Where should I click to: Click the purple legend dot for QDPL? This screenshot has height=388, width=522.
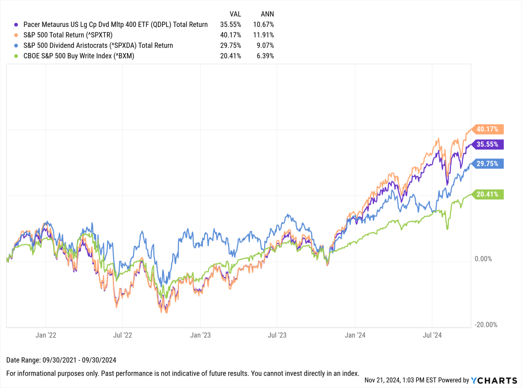pos(16,25)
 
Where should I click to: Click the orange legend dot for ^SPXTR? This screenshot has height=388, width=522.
pos(16,35)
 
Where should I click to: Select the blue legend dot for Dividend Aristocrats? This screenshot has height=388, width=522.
pos(16,46)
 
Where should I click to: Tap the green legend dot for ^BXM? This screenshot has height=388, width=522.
pos(16,56)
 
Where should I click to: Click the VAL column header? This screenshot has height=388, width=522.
pos(235,14)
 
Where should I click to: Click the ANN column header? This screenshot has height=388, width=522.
pos(267,14)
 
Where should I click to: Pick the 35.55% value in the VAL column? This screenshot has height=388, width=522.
pos(230,25)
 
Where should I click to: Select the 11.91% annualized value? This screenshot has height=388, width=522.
pos(263,35)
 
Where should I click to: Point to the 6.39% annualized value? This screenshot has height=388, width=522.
pos(265,56)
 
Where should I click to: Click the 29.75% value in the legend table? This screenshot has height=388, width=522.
pos(230,45)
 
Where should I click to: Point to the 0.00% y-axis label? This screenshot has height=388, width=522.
pos(483,259)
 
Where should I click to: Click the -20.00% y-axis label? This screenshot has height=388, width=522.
pos(486,325)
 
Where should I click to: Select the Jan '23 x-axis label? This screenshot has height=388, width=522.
pos(200,335)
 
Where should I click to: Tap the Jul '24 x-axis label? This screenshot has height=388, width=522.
pos(432,335)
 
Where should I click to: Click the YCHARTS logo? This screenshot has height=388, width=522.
pos(494,380)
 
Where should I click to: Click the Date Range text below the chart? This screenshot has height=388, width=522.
pos(61,360)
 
